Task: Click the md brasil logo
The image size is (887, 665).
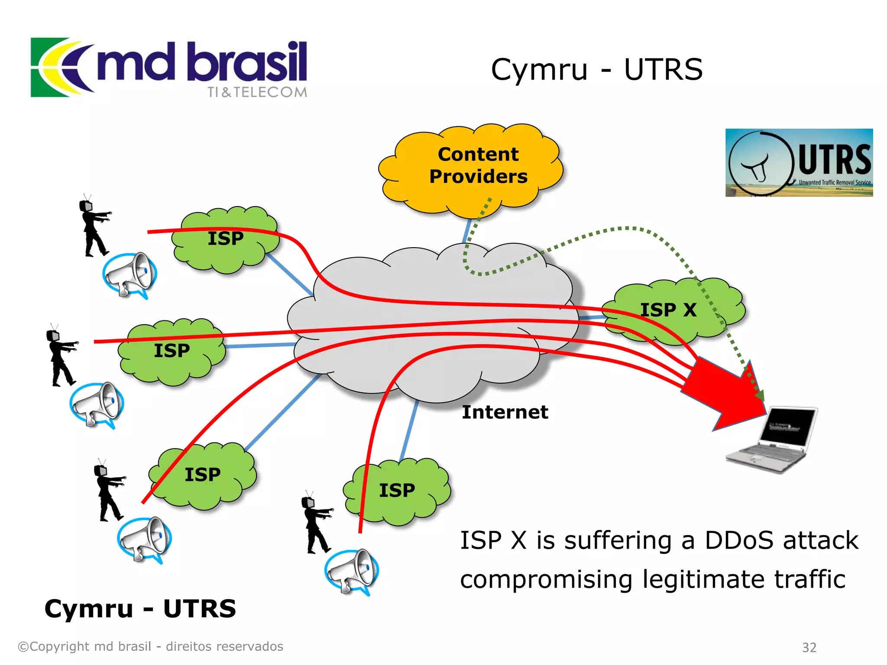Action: [169, 67]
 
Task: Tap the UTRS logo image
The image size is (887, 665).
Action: [799, 162]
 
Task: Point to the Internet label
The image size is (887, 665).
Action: [505, 412]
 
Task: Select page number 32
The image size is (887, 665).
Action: [809, 647]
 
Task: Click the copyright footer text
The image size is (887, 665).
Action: [150, 646]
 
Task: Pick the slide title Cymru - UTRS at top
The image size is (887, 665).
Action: [596, 70]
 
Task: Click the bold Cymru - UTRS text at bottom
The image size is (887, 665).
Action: [140, 609]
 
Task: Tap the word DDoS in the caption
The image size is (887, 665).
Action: [739, 540]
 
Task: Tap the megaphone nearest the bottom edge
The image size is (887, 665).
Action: [352, 571]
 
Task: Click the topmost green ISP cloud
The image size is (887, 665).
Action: [225, 239]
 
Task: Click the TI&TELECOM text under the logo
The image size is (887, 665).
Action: [257, 92]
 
